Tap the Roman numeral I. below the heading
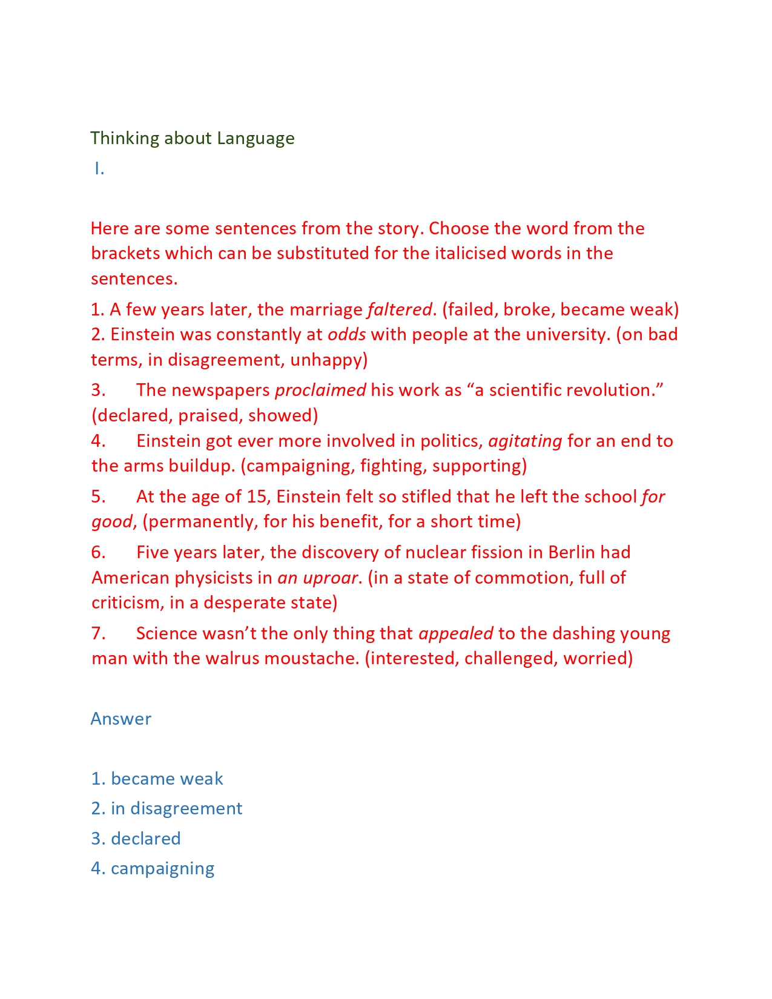click(99, 170)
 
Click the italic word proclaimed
click(320, 391)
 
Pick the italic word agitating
click(525, 441)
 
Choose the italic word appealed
click(456, 634)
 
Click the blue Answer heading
click(120, 719)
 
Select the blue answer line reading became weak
click(157, 779)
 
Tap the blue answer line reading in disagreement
click(167, 809)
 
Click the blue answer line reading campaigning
click(153, 869)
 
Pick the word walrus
click(232, 659)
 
